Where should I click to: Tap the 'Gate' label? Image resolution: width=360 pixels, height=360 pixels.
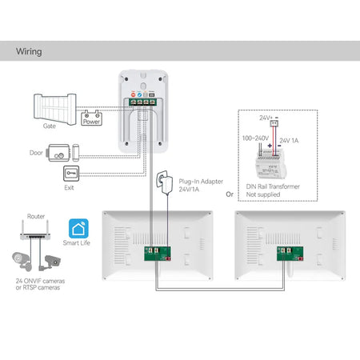(50, 126)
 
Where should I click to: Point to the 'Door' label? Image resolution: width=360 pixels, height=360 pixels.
(37, 152)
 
